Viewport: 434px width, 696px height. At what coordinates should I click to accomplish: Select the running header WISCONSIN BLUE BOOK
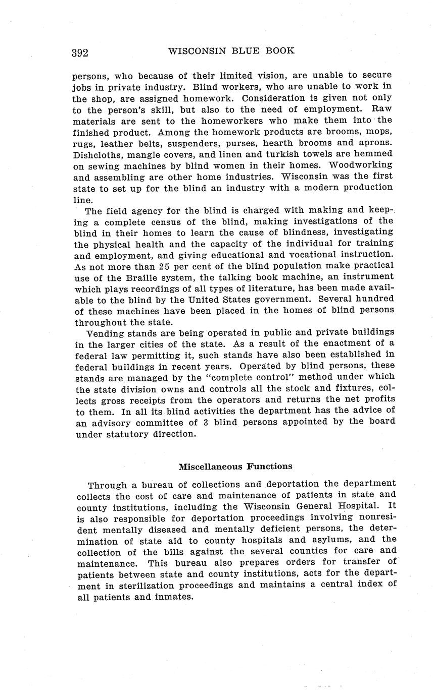click(x=231, y=51)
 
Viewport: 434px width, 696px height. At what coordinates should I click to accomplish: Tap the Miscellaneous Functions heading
click(x=235, y=467)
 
